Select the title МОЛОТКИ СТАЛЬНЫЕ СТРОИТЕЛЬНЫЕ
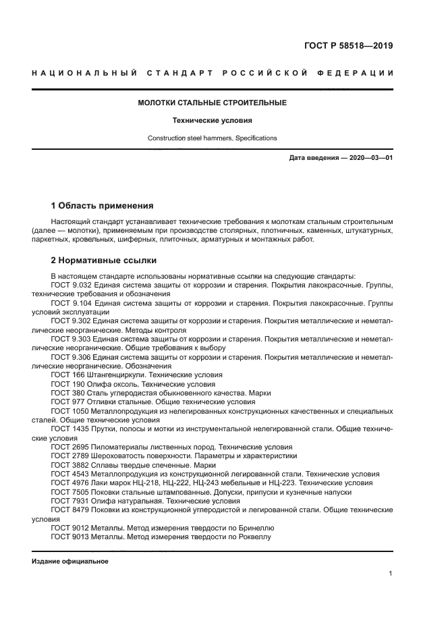click(213, 103)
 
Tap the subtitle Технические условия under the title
click(213, 121)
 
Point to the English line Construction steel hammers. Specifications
click(213, 138)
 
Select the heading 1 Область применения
click(103, 206)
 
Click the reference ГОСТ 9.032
click(68, 285)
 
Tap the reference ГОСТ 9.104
click(68, 304)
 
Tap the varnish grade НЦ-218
click(140, 483)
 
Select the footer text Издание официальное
click(70, 561)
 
